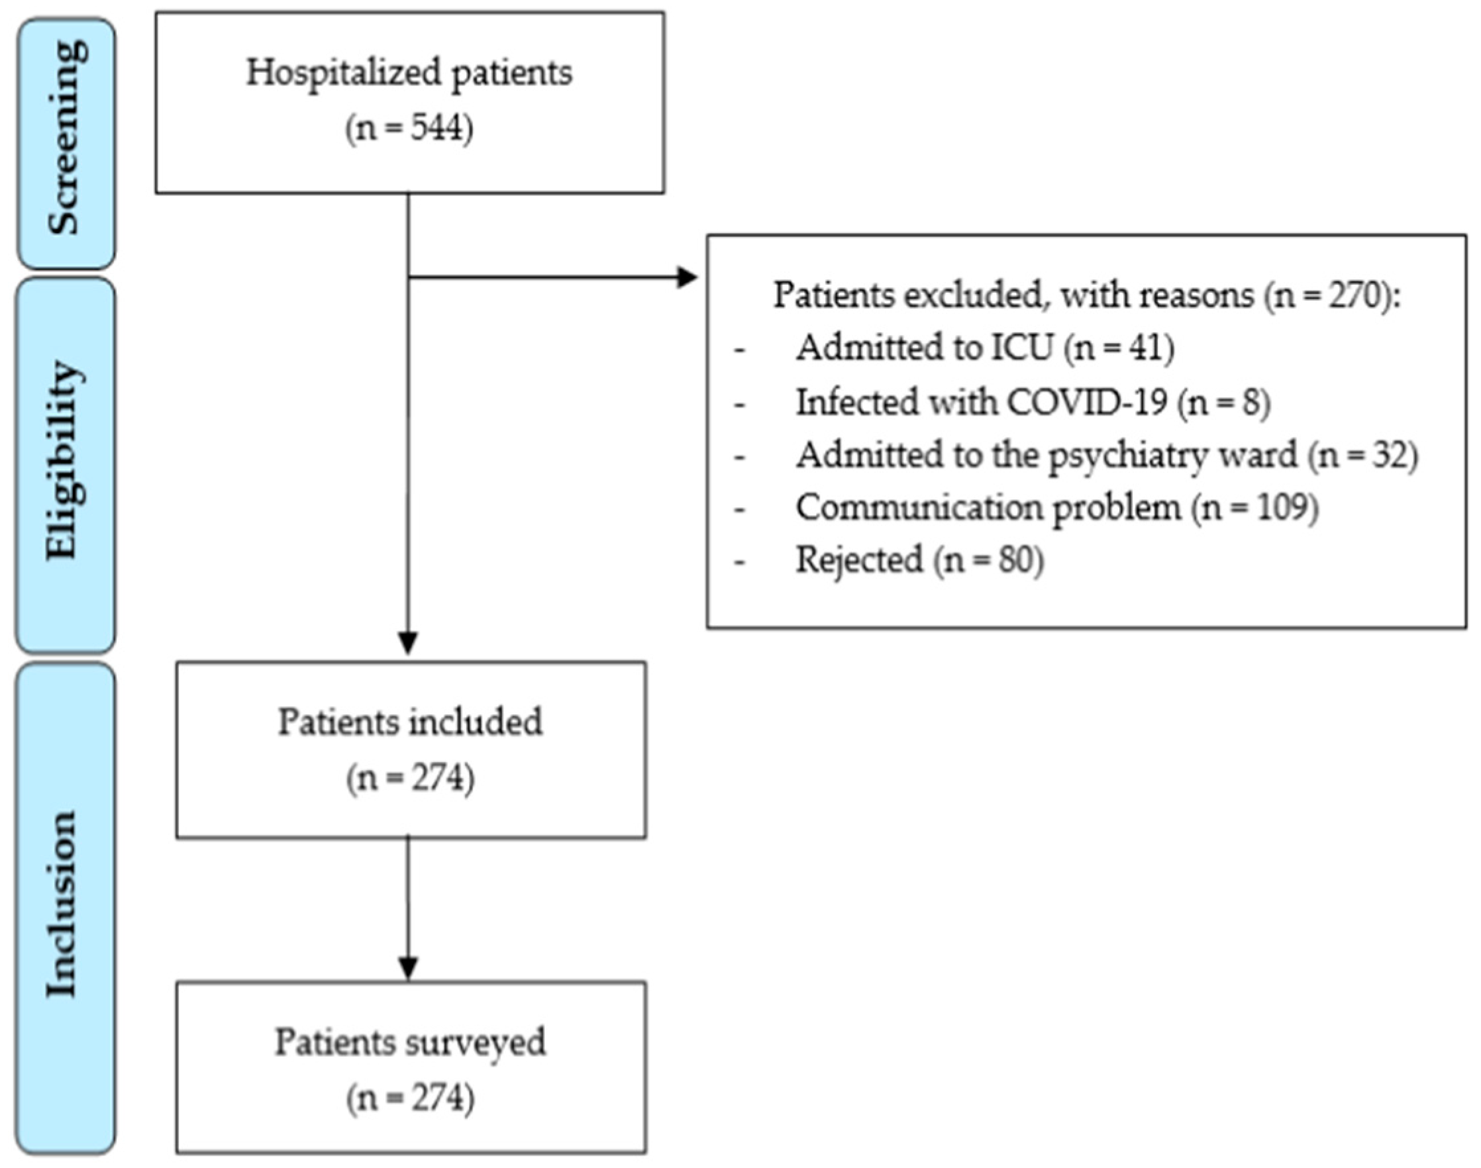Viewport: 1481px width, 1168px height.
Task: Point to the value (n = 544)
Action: pos(409,128)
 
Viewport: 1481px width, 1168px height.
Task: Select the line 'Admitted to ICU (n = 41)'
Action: pos(985,348)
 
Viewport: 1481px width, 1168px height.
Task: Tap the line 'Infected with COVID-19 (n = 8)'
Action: pos(1033,401)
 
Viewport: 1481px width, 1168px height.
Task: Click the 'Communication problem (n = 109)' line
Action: pos(1057,508)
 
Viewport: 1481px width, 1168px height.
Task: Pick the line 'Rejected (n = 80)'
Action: pos(919,561)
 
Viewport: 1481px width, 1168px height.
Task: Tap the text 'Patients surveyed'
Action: pos(410,1042)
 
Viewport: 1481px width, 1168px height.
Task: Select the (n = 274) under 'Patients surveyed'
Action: pos(410,1098)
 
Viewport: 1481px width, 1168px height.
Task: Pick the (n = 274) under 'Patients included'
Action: pos(410,778)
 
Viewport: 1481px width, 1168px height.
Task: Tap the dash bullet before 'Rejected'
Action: pos(739,562)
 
